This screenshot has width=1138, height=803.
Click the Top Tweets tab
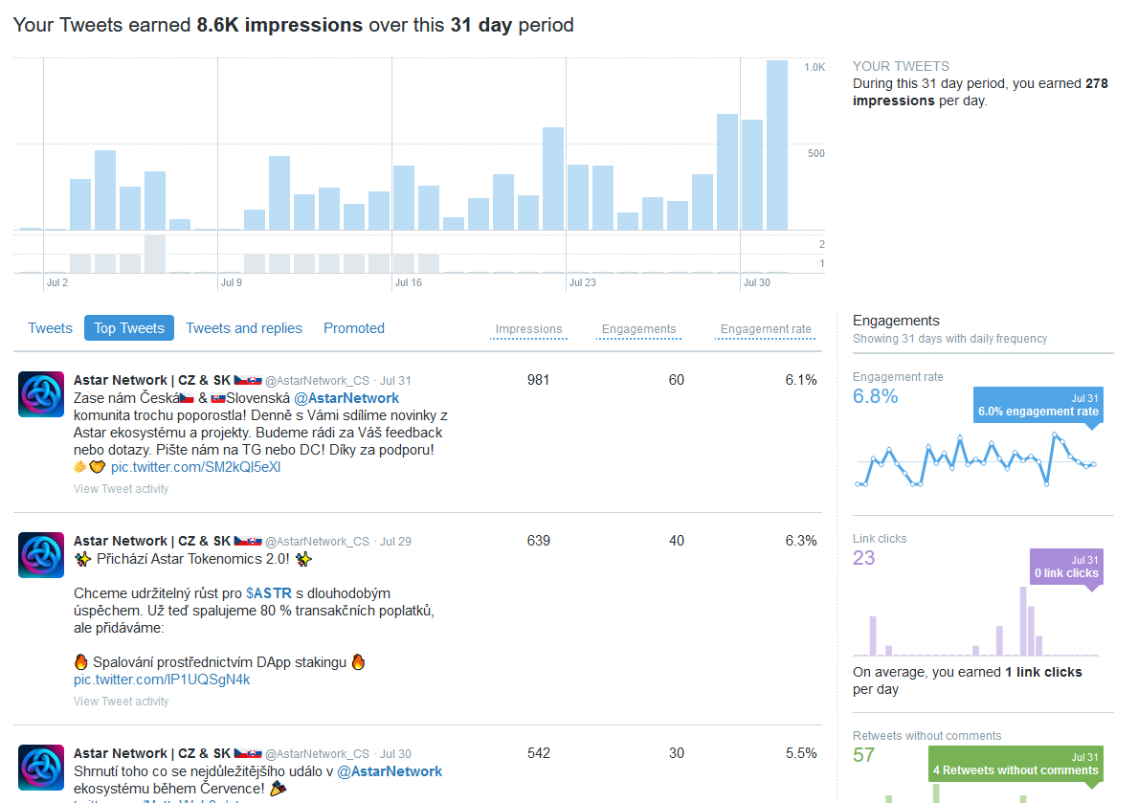(129, 328)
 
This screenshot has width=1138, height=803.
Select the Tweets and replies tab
(244, 328)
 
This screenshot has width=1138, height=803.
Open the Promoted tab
(354, 328)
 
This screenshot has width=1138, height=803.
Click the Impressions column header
(528, 329)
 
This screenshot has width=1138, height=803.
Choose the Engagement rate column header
(766, 329)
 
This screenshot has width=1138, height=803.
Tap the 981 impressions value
(539, 380)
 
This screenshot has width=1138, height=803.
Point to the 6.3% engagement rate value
(801, 541)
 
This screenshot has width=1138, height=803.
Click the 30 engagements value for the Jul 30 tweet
(677, 753)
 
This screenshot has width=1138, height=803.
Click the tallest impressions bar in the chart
(777, 144)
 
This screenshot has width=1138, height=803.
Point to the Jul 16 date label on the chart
(409, 282)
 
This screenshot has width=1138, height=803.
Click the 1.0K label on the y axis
(814, 67)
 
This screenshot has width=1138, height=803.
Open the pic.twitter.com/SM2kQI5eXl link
(196, 467)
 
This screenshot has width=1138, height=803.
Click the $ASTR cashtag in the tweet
(269, 593)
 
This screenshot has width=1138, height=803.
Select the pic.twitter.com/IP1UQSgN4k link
(162, 680)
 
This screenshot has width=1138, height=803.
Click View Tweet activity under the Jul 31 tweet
(121, 489)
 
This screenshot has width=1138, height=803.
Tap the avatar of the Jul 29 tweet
(41, 555)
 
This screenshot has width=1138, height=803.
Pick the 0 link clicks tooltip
(1066, 567)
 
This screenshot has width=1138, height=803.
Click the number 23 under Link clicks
(864, 558)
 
